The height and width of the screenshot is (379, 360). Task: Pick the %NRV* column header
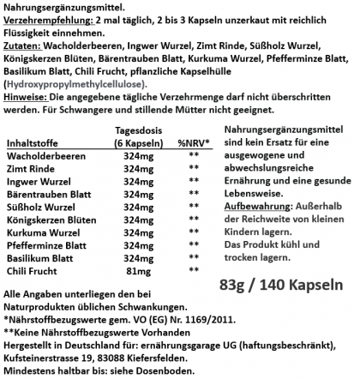pyautogui.click(x=193, y=143)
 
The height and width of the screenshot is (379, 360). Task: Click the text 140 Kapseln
pyautogui.click(x=310, y=284)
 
